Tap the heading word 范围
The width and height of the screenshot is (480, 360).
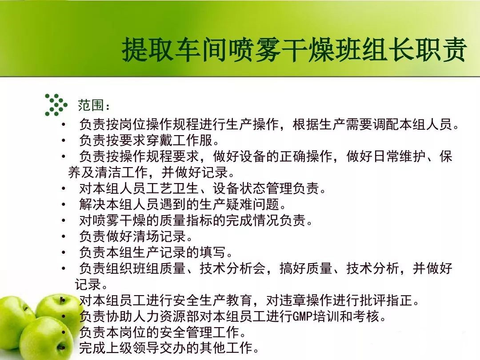[91, 105]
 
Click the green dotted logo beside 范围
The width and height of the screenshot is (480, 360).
[56, 105]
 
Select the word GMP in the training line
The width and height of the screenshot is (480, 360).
[301, 316]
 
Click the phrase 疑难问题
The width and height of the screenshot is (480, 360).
[252, 204]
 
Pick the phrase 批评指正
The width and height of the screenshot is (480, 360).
[386, 300]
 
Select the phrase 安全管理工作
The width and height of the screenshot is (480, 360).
[206, 332]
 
